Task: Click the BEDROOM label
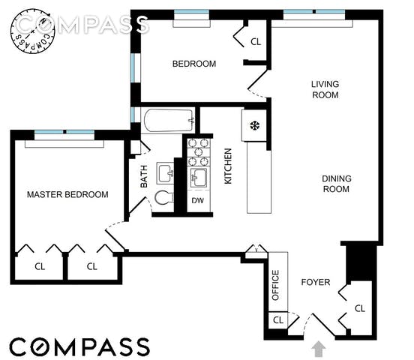click(x=194, y=64)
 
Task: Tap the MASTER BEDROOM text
click(x=67, y=195)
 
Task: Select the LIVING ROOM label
click(x=325, y=89)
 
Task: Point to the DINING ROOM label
click(x=336, y=184)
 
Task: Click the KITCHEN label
click(x=228, y=166)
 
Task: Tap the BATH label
click(x=144, y=176)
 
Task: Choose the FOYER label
click(x=316, y=282)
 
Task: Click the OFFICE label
click(x=275, y=285)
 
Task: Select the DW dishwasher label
click(x=198, y=200)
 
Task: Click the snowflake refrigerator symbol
click(x=255, y=125)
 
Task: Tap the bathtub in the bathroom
click(x=169, y=121)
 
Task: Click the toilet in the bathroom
click(x=164, y=197)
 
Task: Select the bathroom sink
click(x=165, y=173)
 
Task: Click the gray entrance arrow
click(x=319, y=348)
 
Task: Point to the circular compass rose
click(x=33, y=31)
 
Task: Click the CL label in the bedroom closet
click(x=256, y=42)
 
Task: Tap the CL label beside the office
click(x=278, y=320)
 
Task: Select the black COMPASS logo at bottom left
click(x=79, y=346)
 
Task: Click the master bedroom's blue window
click(x=64, y=132)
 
